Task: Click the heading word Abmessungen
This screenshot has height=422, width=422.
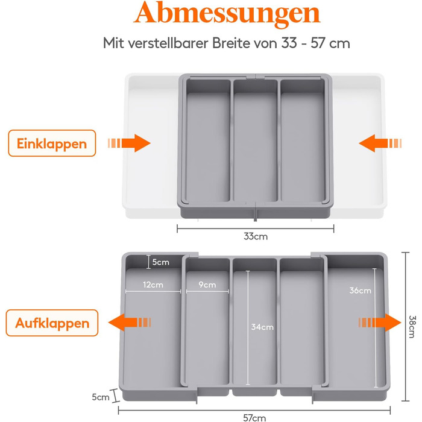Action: point(227,14)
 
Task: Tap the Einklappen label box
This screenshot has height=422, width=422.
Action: point(52,143)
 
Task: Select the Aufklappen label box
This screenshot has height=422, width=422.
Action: point(52,323)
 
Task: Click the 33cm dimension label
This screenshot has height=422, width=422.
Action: point(256,236)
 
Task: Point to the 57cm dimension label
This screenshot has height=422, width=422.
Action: point(254,418)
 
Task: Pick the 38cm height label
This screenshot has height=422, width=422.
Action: point(412,327)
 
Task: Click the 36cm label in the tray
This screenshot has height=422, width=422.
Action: point(360,291)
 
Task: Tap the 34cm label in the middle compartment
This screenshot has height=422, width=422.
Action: point(262,327)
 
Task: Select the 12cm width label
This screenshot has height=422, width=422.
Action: point(153,285)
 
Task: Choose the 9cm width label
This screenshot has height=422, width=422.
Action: point(207,285)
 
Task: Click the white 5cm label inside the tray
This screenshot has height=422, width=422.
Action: point(161,262)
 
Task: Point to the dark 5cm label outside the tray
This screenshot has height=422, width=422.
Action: point(101,397)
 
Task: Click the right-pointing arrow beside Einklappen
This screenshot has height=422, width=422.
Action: point(129,143)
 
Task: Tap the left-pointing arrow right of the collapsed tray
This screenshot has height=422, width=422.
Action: point(380,143)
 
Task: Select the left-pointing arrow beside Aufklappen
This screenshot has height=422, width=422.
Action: point(130,323)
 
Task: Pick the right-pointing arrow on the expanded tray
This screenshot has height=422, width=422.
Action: point(380,323)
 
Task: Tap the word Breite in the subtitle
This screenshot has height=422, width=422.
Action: point(231,43)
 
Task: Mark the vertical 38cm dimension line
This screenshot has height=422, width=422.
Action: point(405,327)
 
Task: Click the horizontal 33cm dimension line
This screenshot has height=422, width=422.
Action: point(256,228)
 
